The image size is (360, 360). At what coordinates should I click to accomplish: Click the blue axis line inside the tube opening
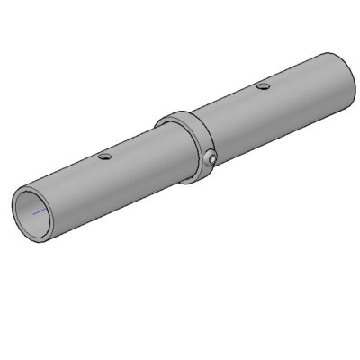click(x=39, y=212)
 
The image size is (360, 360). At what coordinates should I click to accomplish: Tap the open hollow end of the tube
click(x=37, y=212)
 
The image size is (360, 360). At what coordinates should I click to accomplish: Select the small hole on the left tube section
click(x=106, y=157)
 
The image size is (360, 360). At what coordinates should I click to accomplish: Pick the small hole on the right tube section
click(x=262, y=86)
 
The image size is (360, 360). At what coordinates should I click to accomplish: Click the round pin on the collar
click(x=211, y=158)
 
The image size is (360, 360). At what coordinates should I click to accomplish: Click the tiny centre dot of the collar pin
click(x=211, y=158)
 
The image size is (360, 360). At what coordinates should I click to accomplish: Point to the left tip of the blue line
click(x=33, y=214)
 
